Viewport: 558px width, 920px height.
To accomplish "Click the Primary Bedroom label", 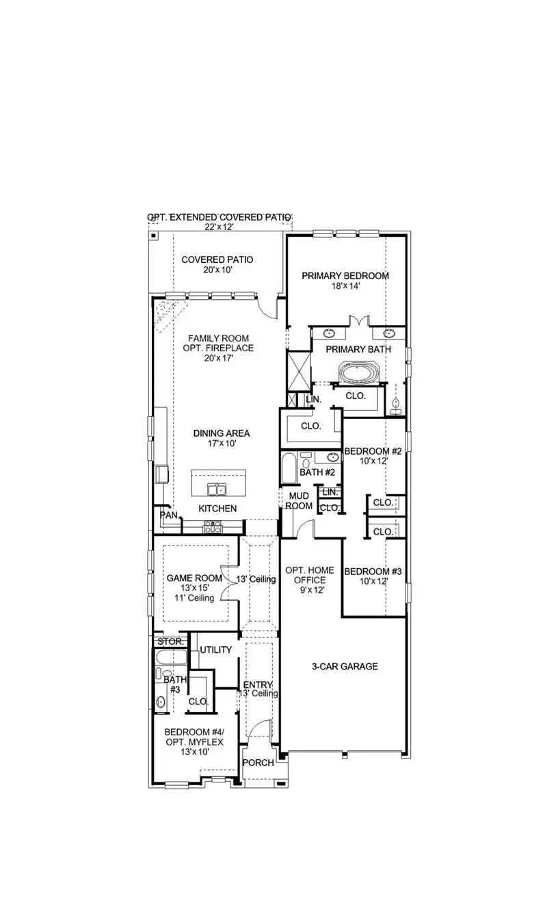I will [x=345, y=276].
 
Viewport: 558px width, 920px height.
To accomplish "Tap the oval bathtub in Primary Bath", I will [x=358, y=374].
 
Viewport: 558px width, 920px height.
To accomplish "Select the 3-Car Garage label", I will [x=345, y=666].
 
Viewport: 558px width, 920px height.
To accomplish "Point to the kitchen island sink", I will [x=217, y=489].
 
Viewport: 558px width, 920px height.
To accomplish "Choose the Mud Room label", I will [x=300, y=500].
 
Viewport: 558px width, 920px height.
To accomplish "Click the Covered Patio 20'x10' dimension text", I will [x=217, y=270].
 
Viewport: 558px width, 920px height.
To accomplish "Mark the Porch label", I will [x=258, y=763].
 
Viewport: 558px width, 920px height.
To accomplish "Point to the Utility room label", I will [x=216, y=650].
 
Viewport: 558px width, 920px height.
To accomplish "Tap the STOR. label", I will [x=170, y=641].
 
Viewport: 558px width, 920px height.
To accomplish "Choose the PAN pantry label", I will [x=168, y=515].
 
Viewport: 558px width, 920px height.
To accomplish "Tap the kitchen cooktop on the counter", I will [x=213, y=526].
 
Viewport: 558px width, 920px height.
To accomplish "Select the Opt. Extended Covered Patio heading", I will [x=219, y=217].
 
